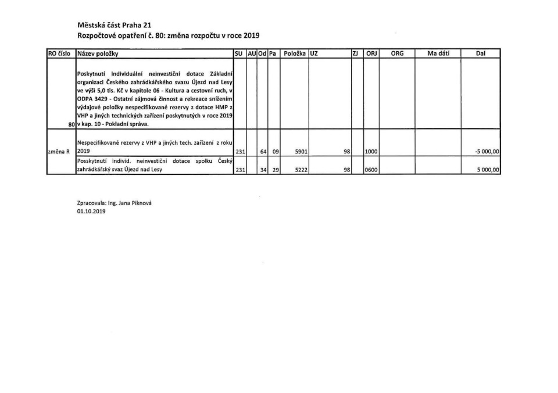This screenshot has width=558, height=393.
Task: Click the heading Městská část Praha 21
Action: tap(115, 25)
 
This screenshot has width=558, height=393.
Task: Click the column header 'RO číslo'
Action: tap(60, 53)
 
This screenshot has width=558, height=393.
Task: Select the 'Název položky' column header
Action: tap(98, 53)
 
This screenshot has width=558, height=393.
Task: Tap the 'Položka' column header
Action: tap(295, 53)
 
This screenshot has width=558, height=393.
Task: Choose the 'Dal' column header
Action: tap(480, 53)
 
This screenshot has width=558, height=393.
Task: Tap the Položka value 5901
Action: tap(301, 152)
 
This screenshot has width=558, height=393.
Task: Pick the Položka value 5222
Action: tap(301, 170)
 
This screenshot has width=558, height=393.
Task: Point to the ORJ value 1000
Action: tap(371, 152)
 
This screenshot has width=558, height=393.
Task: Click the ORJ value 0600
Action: tap(371, 170)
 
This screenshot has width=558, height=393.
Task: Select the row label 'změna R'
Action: tap(59, 152)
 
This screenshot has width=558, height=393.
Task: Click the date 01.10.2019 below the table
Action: tap(91, 212)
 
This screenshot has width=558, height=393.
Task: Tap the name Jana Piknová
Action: tap(130, 203)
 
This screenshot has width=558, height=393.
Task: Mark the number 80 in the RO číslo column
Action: tap(71, 124)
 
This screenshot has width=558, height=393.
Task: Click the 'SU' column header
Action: tap(238, 53)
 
